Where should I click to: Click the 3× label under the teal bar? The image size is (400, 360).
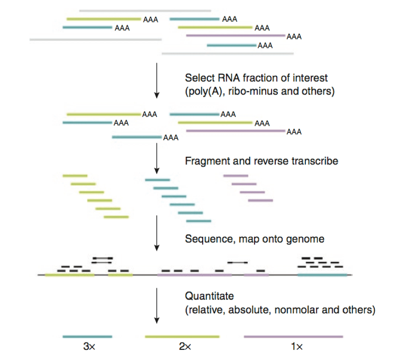tap(88, 347)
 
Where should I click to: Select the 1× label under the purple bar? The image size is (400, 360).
tap(297, 347)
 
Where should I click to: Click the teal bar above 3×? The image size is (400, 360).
tap(87, 336)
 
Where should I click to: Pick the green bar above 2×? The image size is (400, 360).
tap(182, 336)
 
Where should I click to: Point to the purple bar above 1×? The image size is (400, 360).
tap(293, 336)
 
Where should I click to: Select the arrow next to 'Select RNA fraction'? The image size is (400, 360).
tap(156, 80)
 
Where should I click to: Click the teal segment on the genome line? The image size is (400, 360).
tap(322, 275)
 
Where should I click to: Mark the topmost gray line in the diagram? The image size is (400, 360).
tap(145, 10)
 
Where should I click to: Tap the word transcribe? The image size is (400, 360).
tap(316, 161)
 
